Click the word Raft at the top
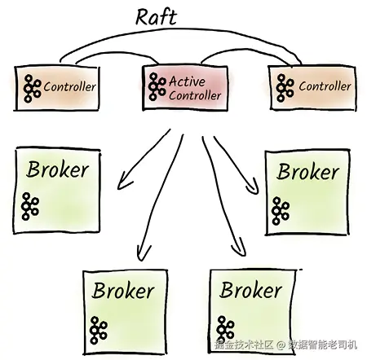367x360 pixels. (x=156, y=17)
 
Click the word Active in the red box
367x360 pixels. (x=187, y=81)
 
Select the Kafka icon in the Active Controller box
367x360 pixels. (x=157, y=86)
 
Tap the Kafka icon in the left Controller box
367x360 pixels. (x=32, y=89)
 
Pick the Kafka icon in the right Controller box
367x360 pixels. (x=285, y=88)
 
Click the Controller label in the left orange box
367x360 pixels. (x=69, y=87)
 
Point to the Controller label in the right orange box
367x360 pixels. (x=325, y=86)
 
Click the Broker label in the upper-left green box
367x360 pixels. (x=58, y=169)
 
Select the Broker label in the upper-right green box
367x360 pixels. (x=307, y=172)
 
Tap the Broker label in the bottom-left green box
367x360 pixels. (x=123, y=291)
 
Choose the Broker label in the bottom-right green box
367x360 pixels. (x=250, y=290)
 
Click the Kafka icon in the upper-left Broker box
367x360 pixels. (x=30, y=206)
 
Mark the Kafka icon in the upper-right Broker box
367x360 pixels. (x=281, y=211)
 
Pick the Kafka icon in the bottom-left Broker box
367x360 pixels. (x=99, y=330)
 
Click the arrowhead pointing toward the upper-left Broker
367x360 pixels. (x=124, y=182)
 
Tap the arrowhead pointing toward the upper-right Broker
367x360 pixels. (x=252, y=187)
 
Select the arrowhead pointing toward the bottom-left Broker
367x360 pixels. (x=144, y=253)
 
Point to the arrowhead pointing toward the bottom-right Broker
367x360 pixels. (x=240, y=247)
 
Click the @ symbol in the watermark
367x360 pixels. (x=281, y=345)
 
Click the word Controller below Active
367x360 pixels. (x=195, y=95)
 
